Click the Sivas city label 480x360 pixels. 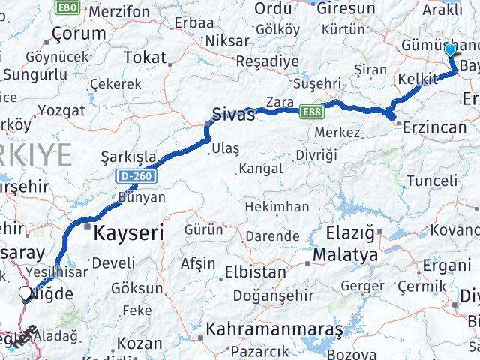click(234, 115)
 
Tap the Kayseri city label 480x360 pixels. click(128, 233)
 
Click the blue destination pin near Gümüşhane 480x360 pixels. click(450, 51)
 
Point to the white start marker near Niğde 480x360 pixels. click(26, 294)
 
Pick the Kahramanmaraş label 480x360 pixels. click(274, 329)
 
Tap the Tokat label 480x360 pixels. click(145, 57)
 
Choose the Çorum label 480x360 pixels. click(79, 34)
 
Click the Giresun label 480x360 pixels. click(346, 8)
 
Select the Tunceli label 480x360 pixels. click(431, 180)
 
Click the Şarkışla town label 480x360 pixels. click(130, 157)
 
